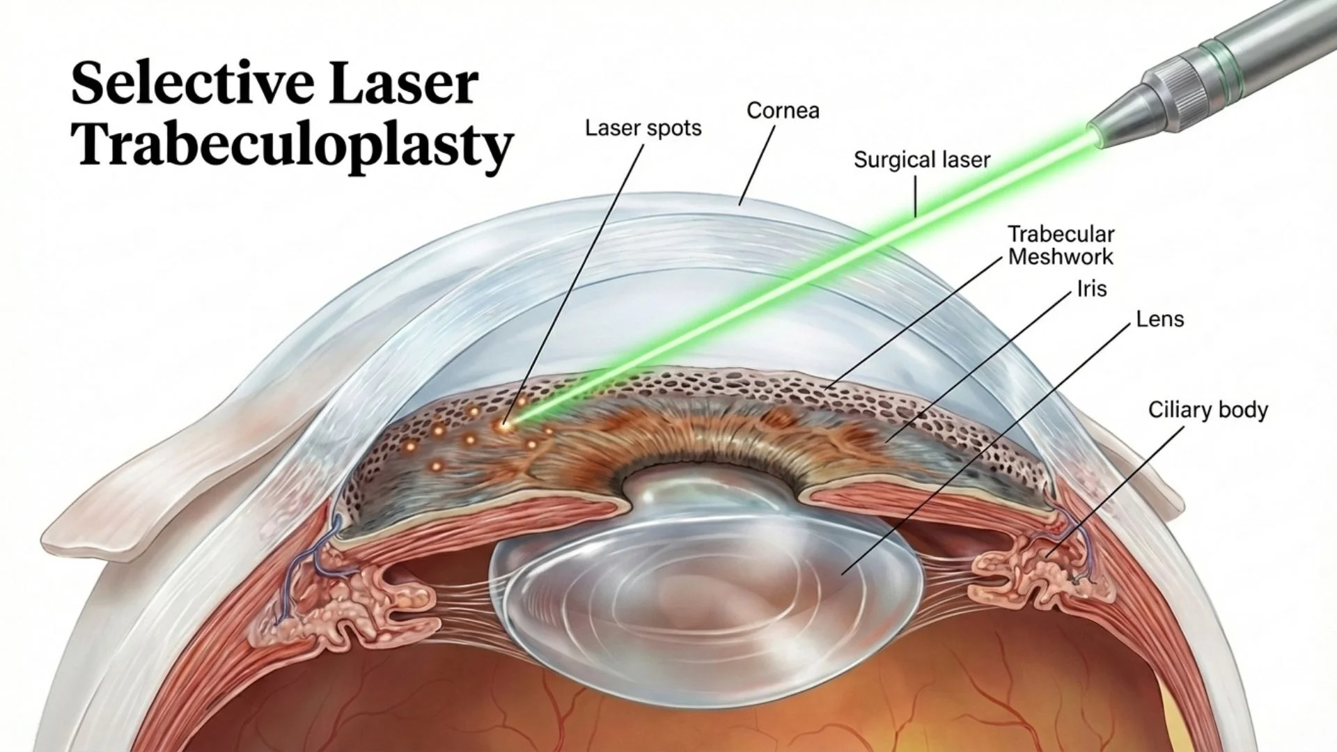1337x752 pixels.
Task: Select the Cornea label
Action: click(783, 111)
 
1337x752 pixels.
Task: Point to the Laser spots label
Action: click(643, 128)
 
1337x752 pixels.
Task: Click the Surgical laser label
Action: click(922, 160)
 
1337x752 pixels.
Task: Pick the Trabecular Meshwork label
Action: click(1061, 245)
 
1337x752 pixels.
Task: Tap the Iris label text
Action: click(1091, 288)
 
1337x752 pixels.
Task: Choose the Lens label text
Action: click(1159, 320)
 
